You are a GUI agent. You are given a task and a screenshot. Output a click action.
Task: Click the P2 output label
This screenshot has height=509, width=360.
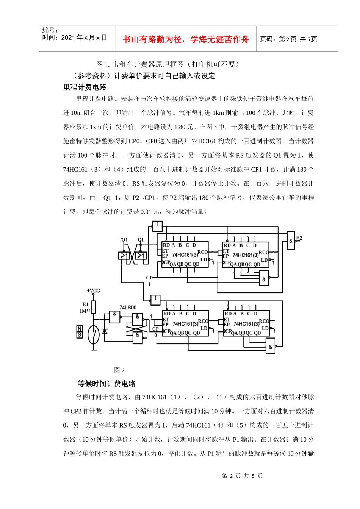point(299,238)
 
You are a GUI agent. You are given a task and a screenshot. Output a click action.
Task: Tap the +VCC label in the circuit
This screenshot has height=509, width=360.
point(93,290)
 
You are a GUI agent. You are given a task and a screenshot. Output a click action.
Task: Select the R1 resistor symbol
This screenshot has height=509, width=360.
point(94,307)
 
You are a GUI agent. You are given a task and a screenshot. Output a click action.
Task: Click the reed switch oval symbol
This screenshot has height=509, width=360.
point(93,335)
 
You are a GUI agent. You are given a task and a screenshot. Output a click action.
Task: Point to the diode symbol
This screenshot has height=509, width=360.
point(105,331)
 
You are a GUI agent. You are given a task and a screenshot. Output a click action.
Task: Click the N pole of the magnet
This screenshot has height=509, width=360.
point(80,329)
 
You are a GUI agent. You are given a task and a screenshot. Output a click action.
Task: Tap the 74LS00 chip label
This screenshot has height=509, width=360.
point(128,308)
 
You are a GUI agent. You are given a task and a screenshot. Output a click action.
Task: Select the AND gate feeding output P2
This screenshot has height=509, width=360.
point(291,240)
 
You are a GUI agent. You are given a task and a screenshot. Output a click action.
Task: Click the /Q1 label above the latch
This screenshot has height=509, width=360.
point(124,240)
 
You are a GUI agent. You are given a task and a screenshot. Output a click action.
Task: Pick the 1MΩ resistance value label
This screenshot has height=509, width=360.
point(85,311)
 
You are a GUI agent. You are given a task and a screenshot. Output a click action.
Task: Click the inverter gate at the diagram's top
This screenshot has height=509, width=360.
point(157,226)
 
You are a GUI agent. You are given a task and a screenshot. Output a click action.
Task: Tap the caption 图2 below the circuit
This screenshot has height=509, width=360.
point(119,370)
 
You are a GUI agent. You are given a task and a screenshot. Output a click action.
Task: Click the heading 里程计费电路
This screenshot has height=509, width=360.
point(85,87)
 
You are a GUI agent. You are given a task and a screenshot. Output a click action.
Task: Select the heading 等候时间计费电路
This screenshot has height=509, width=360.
point(106,384)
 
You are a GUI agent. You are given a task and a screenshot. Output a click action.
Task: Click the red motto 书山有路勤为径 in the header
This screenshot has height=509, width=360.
point(186,39)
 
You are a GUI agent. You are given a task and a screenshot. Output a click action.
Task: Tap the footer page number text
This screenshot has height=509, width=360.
point(242,476)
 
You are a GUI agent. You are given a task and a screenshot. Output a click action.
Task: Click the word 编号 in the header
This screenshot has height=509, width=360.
point(50,30)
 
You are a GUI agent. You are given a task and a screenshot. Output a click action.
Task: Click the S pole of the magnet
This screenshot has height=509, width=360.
point(80,335)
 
